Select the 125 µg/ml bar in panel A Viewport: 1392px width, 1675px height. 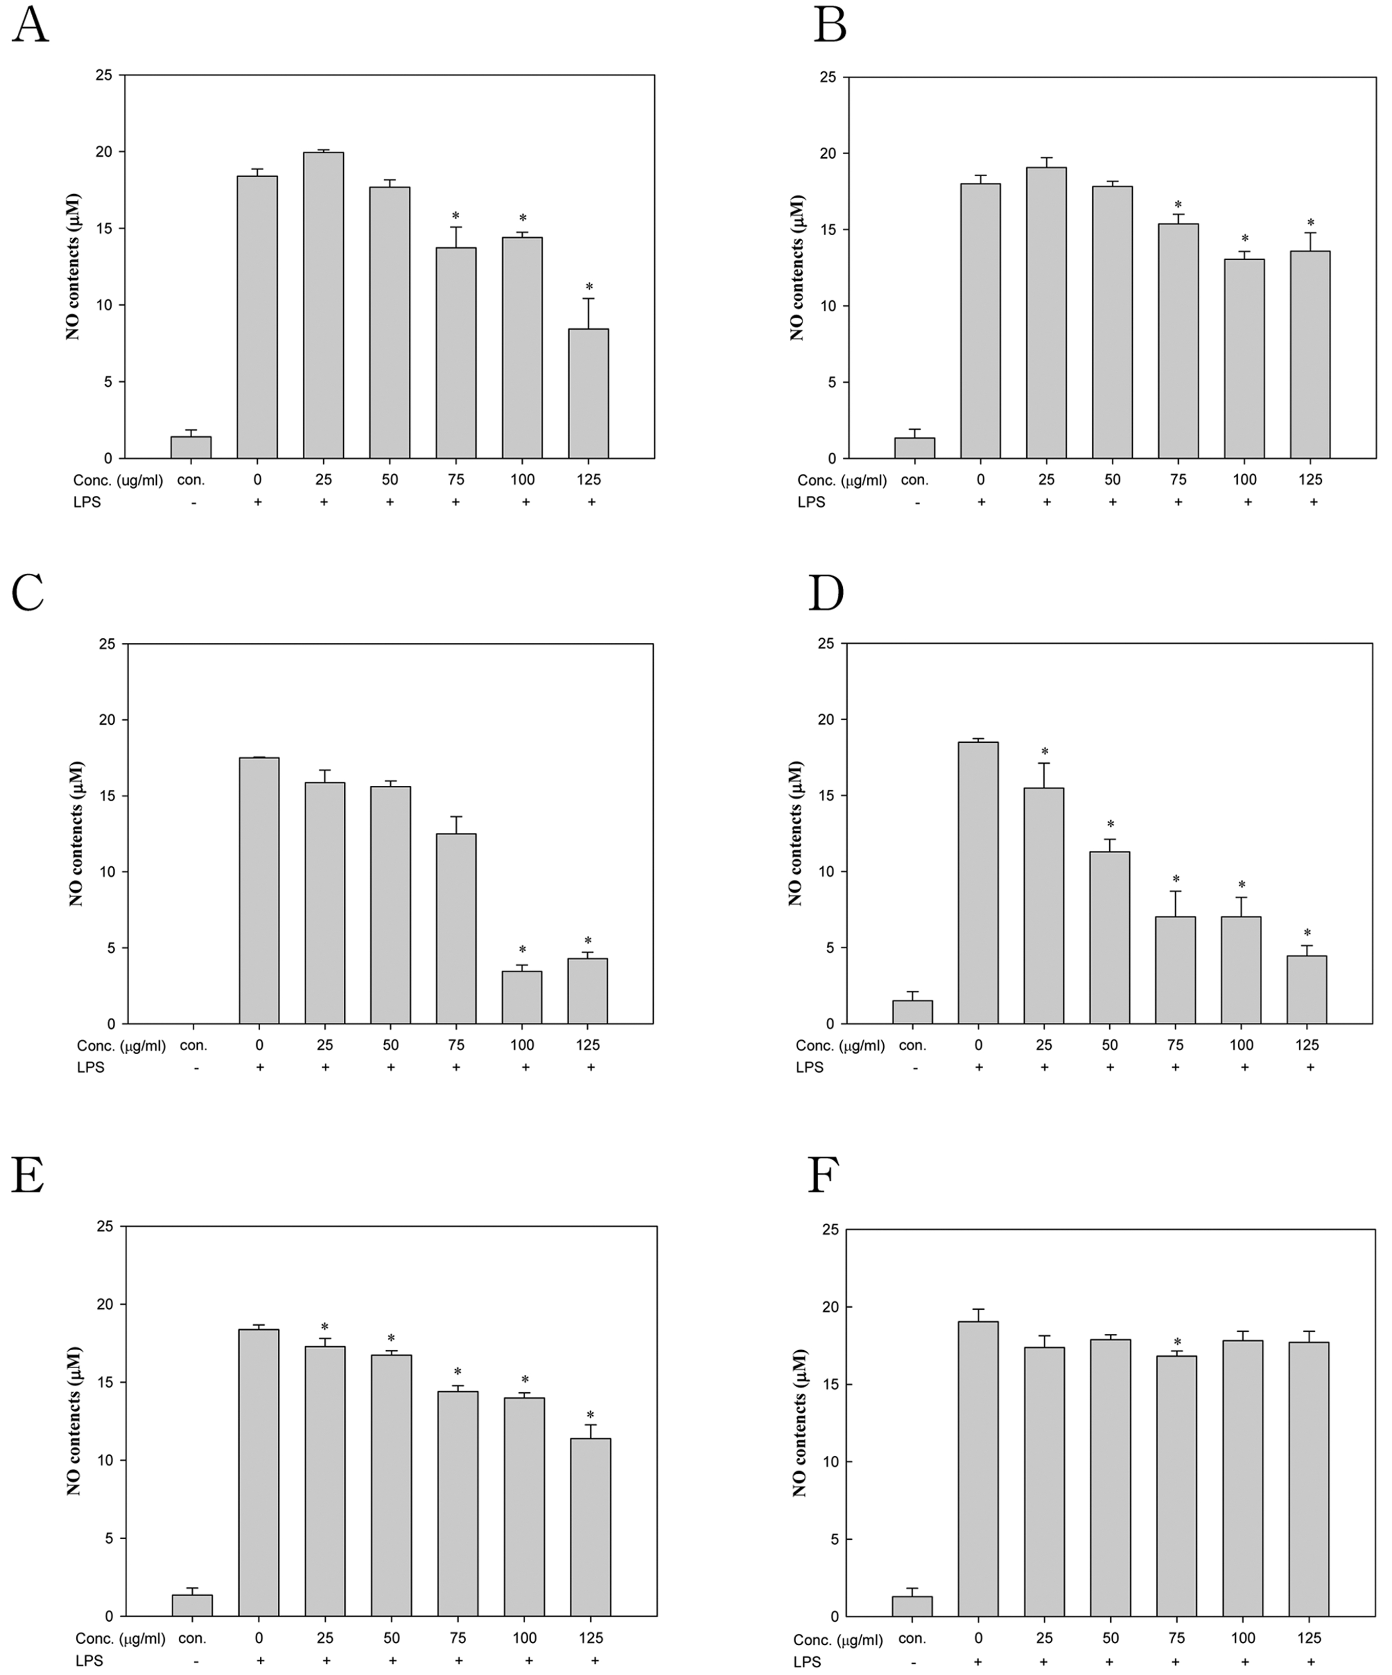pos(588,393)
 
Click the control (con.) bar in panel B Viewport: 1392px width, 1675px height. pos(914,448)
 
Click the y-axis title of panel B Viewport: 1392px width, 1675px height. pos(797,268)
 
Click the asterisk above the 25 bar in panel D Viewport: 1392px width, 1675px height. pos(1044,752)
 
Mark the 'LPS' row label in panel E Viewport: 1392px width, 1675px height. pos(89,1661)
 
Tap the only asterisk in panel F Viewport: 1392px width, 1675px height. pos(1177,1343)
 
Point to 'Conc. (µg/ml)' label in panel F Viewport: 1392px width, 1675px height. pos(838,1640)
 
